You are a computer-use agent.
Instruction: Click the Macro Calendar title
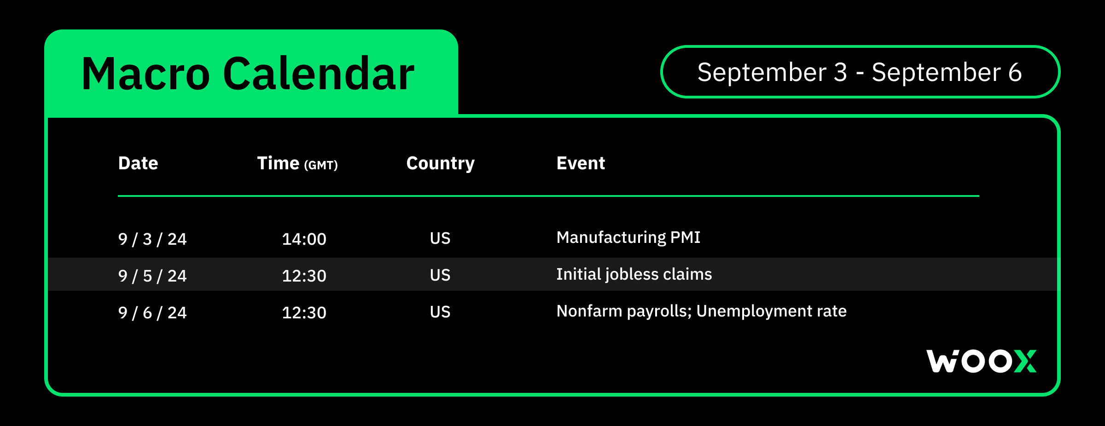click(248, 74)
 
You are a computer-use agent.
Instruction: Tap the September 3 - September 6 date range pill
click(860, 72)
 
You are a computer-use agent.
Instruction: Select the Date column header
click(138, 163)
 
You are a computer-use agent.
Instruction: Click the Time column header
click(278, 163)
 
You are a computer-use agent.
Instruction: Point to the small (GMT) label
click(321, 165)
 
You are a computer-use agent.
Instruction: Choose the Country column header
click(441, 164)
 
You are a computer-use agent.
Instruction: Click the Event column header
click(581, 163)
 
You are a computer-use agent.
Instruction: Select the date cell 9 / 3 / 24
click(152, 239)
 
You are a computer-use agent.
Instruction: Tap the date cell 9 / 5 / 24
click(152, 276)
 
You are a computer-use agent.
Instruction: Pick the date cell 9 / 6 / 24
click(152, 313)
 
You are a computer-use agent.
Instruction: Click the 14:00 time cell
click(304, 239)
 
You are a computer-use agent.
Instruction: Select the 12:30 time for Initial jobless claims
click(304, 276)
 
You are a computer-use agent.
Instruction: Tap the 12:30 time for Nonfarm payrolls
click(304, 313)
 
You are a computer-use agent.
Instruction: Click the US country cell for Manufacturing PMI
click(440, 238)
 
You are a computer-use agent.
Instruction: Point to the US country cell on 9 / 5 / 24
click(440, 275)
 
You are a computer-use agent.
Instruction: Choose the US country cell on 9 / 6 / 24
click(440, 312)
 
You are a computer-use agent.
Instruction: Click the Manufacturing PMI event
click(628, 238)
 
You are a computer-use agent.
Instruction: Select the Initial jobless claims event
click(634, 275)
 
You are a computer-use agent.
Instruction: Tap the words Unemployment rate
click(772, 311)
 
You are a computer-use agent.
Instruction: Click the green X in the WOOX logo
click(1025, 361)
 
